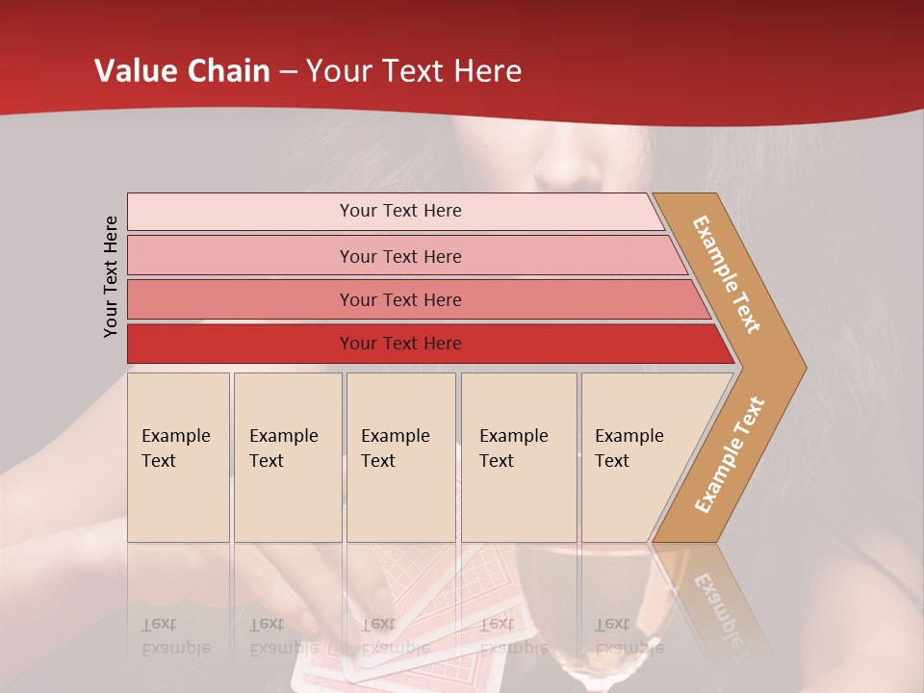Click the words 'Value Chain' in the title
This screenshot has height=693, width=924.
[x=182, y=71]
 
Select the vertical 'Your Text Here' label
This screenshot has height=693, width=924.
[x=111, y=276]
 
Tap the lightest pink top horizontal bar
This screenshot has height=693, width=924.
[x=399, y=211]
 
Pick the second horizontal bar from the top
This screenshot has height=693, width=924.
[x=399, y=256]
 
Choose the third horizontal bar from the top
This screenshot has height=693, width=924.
[x=399, y=299]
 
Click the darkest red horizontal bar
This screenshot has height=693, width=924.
[x=399, y=344]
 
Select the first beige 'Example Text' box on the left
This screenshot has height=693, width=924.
[x=178, y=456]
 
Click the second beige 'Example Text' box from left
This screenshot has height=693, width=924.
[x=287, y=456]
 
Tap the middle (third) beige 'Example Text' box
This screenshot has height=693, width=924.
[x=399, y=456]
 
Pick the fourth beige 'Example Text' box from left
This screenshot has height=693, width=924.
[x=518, y=456]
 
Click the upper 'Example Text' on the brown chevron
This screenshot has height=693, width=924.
[x=727, y=274]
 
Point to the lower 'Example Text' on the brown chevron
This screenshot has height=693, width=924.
[x=730, y=454]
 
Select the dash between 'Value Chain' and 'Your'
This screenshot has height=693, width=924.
[x=288, y=72]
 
